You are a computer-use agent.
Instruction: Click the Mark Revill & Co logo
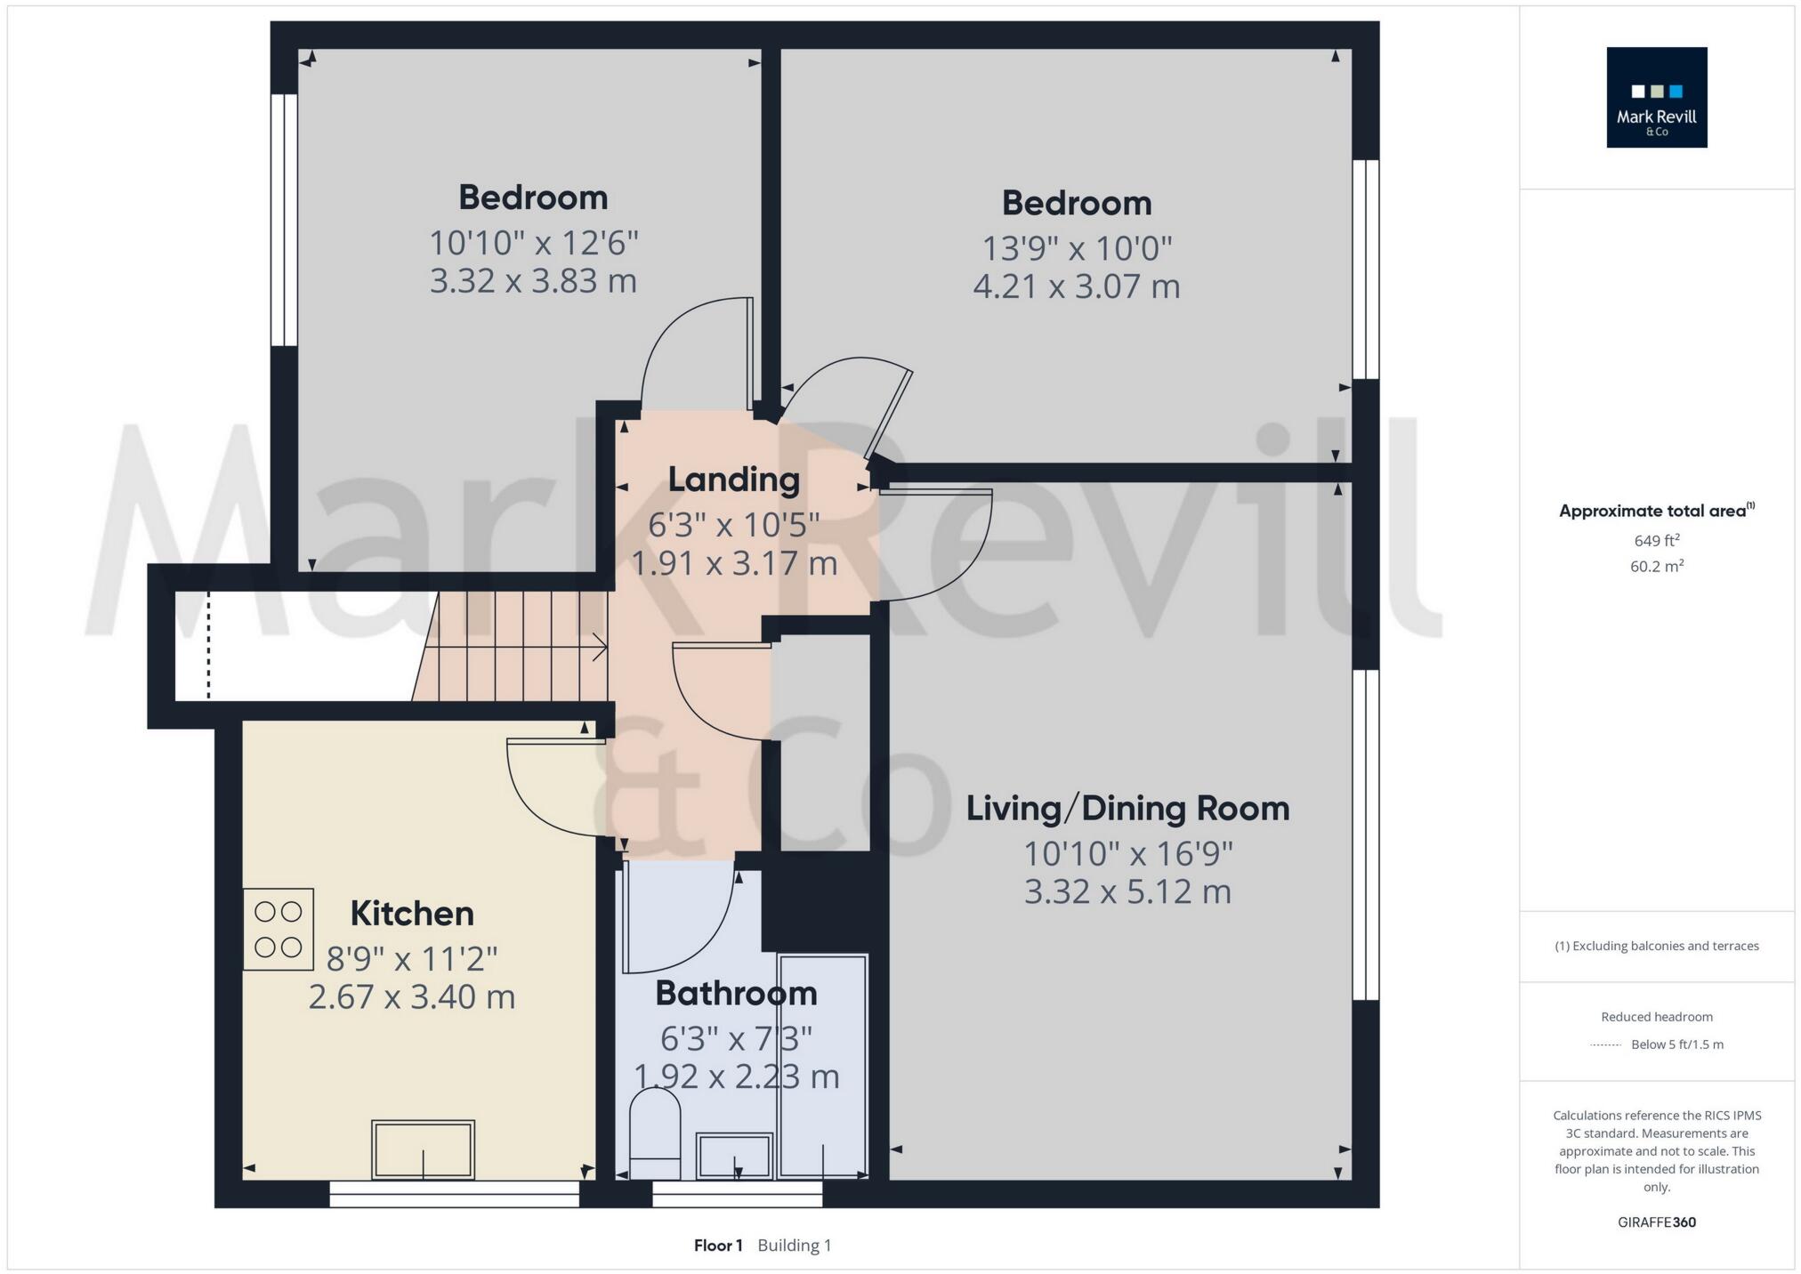[1656, 97]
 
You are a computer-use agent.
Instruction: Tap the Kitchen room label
[411, 913]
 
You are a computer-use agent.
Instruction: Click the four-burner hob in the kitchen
[279, 929]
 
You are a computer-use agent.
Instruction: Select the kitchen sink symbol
[423, 1149]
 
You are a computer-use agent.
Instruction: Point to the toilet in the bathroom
[655, 1133]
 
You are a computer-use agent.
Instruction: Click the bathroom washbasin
[733, 1156]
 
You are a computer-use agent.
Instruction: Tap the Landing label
[733, 480]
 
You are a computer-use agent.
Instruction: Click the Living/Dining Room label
[1127, 808]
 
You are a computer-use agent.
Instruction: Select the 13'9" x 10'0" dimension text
[1077, 248]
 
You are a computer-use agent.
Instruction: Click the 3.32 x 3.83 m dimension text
[533, 281]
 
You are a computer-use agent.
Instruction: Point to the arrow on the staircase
[599, 648]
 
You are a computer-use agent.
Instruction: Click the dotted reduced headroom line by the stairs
[209, 645]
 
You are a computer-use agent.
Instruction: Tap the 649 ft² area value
[1656, 540]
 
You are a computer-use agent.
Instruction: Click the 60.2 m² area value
[1656, 566]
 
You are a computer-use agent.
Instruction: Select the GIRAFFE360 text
[1656, 1222]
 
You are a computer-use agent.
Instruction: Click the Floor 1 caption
[717, 1245]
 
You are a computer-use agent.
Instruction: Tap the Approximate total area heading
[1654, 511]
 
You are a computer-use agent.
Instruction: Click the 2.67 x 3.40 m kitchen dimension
[411, 996]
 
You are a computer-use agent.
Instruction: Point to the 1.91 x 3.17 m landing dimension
[733, 563]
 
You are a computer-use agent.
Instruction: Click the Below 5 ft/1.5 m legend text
[1676, 1044]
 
